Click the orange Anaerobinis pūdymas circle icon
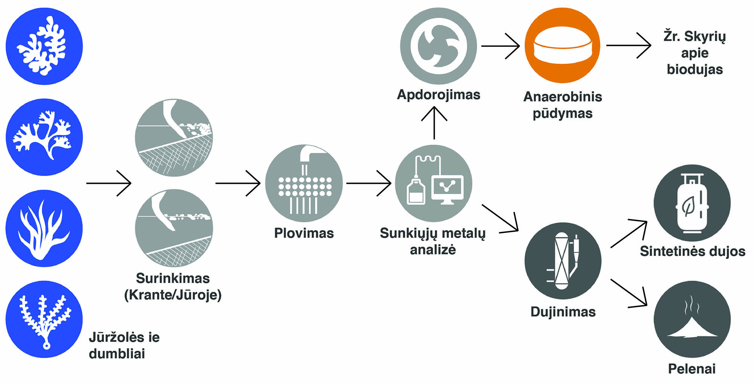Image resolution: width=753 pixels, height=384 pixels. pyautogui.click(x=562, y=45)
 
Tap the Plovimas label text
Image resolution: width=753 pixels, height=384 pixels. pyautogui.click(x=304, y=233)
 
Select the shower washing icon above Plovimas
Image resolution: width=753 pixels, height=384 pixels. pyautogui.click(x=304, y=184)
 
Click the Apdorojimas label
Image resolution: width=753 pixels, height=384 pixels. pyautogui.click(x=439, y=94)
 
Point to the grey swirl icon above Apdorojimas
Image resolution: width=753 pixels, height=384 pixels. pyautogui.click(x=439, y=46)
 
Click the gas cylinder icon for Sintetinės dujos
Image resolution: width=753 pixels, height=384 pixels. pyautogui.click(x=692, y=203)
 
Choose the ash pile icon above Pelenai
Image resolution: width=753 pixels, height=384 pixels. pyautogui.click(x=692, y=319)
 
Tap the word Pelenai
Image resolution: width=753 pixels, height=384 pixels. pyautogui.click(x=692, y=369)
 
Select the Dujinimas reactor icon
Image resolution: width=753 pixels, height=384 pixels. pyautogui.click(x=562, y=261)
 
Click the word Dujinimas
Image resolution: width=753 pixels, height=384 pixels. pyautogui.click(x=563, y=312)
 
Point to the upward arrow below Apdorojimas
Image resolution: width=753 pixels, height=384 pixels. pyautogui.click(x=434, y=123)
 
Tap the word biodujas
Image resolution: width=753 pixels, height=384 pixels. pyautogui.click(x=695, y=69)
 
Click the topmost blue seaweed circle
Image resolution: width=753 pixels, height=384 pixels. pyautogui.click(x=44, y=46)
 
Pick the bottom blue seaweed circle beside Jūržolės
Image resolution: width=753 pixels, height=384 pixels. pyautogui.click(x=44, y=319)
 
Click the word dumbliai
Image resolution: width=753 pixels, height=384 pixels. pyautogui.click(x=117, y=353)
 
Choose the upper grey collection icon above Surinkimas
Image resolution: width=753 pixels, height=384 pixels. pyautogui.click(x=174, y=138)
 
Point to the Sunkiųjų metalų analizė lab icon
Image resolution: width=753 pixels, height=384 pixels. pyautogui.click(x=434, y=184)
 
